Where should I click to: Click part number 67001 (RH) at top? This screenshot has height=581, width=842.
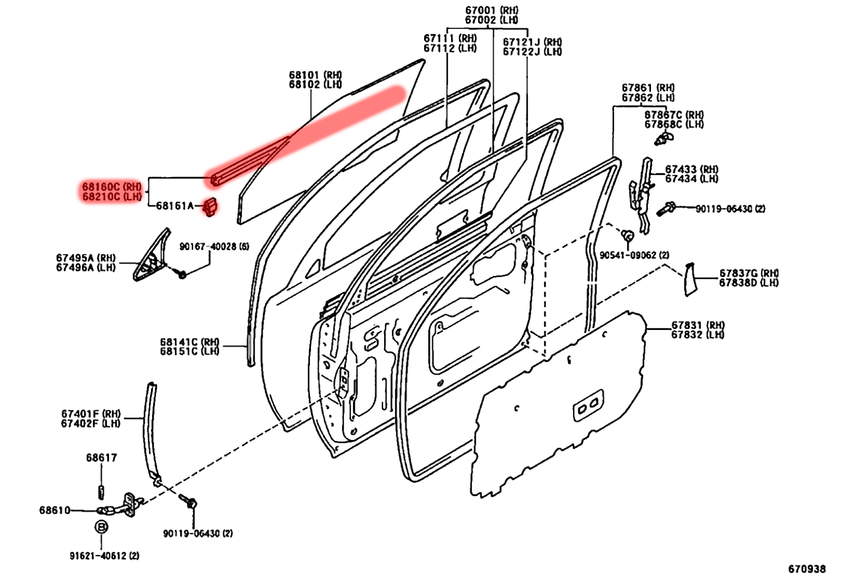click(x=491, y=10)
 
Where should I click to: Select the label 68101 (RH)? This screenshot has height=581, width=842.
click(x=315, y=75)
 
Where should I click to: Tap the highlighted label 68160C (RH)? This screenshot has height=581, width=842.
click(x=112, y=186)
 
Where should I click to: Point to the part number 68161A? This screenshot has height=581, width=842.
click(x=175, y=206)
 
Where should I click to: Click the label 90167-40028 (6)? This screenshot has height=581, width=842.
click(x=214, y=246)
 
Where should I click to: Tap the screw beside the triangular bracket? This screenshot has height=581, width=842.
click(x=182, y=274)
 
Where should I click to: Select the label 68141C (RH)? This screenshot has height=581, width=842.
click(x=189, y=342)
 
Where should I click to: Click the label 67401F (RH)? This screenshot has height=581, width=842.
click(x=91, y=414)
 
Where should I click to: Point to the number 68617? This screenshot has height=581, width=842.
click(x=102, y=458)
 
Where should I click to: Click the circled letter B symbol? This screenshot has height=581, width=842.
click(x=101, y=527)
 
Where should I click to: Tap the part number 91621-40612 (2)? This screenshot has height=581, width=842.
click(x=104, y=556)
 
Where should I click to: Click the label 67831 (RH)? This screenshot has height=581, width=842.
click(x=697, y=325)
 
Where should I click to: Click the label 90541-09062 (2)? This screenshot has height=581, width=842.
click(x=634, y=255)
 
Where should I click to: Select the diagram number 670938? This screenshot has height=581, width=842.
click(x=806, y=569)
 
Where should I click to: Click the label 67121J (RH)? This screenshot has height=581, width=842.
click(x=532, y=42)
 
